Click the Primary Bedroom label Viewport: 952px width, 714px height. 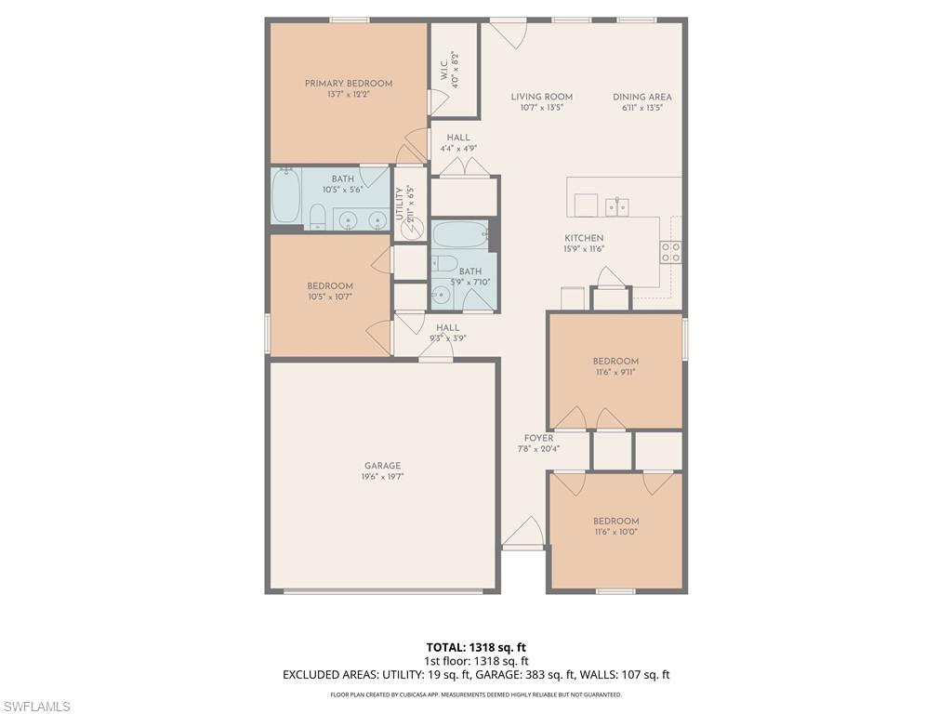click(349, 84)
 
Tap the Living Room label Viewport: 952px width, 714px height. click(541, 97)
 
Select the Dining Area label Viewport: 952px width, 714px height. click(641, 97)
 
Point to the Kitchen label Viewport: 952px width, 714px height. click(584, 238)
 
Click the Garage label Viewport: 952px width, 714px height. click(382, 466)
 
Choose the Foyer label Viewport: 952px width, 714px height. click(538, 438)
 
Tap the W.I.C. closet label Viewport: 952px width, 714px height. click(443, 69)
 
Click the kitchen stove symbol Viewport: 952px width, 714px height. click(670, 251)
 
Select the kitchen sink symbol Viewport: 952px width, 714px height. click(615, 205)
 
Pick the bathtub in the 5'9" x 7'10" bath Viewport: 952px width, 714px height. click(459, 234)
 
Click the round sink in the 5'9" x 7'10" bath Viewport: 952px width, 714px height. click(441, 296)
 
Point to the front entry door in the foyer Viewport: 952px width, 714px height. click(523, 535)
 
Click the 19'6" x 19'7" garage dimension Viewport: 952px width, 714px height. click(382, 477)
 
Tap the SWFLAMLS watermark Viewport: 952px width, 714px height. click(36, 707)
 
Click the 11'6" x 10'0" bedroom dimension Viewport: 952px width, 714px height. click(615, 532)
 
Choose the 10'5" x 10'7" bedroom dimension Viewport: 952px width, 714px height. click(330, 297)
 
